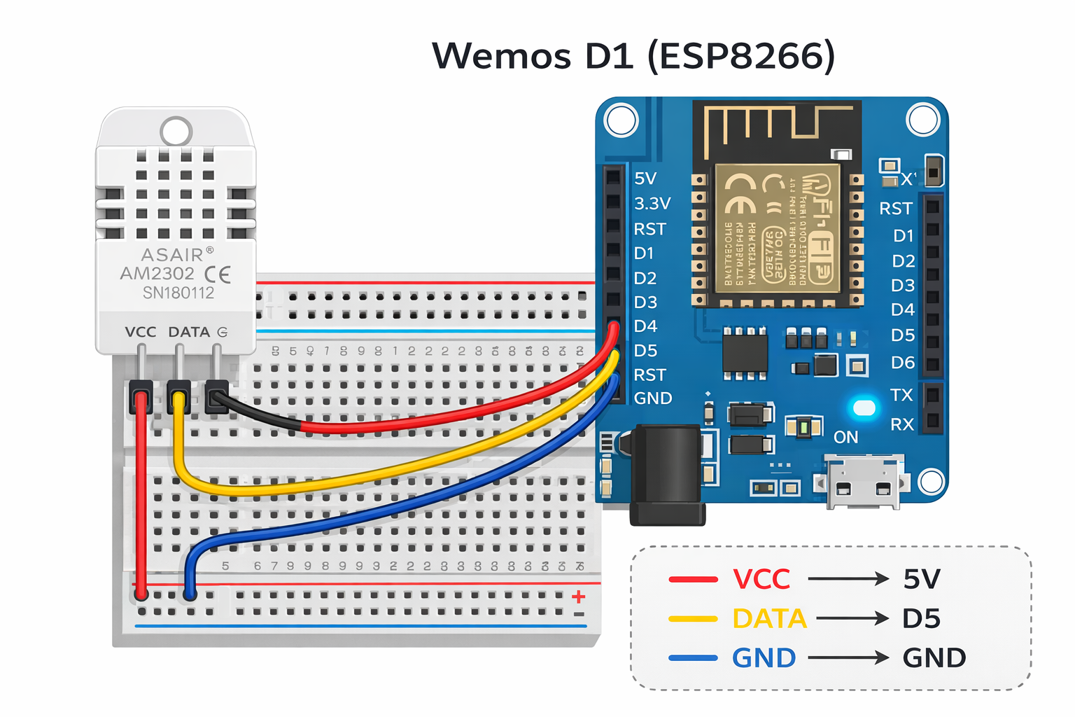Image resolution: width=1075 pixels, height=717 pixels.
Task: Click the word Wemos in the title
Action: click(x=501, y=56)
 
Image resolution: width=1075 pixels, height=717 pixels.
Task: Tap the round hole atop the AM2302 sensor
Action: click(x=176, y=131)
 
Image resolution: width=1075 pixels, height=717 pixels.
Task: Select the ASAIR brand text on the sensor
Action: click(x=172, y=255)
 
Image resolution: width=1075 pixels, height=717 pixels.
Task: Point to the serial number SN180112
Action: click(x=178, y=293)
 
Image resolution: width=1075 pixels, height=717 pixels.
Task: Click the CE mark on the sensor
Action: click(x=218, y=274)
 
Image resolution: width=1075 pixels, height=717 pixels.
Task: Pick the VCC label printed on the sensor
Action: click(x=141, y=332)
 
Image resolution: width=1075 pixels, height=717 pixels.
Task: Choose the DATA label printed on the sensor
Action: click(x=189, y=332)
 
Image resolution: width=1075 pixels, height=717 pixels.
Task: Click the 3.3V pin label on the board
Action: click(x=652, y=204)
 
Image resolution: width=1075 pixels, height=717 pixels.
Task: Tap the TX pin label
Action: click(x=901, y=395)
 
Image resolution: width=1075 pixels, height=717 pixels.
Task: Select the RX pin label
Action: click(x=902, y=424)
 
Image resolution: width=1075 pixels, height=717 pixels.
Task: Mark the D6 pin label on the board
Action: click(x=903, y=363)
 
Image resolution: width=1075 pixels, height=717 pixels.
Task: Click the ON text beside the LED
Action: click(x=845, y=438)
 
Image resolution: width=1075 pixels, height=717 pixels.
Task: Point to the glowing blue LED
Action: click(x=864, y=408)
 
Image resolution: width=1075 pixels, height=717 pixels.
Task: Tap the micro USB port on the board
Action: click(x=863, y=482)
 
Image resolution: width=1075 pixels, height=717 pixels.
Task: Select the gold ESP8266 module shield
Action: click(x=777, y=229)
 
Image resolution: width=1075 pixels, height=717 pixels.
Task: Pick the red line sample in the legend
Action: click(x=693, y=580)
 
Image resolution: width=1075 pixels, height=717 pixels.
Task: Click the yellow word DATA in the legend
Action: click(x=769, y=619)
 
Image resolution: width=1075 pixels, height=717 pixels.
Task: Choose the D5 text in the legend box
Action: click(x=921, y=619)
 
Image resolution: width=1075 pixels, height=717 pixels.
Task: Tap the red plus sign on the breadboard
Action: click(x=578, y=597)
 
